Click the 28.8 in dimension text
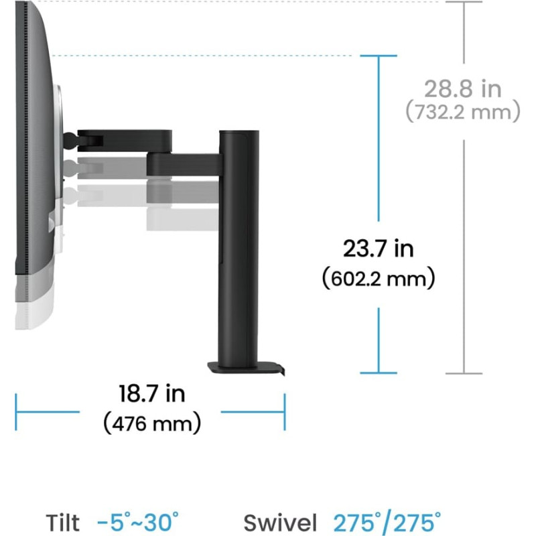pyautogui.click(x=462, y=88)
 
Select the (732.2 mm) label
pyautogui.click(x=463, y=111)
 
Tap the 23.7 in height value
pyautogui.click(x=378, y=248)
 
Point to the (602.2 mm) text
pyautogui.click(x=379, y=278)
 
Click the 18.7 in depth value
pyautogui.click(x=152, y=393)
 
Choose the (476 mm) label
pyautogui.click(x=152, y=423)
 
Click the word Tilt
pyautogui.click(x=62, y=523)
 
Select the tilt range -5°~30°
pyautogui.click(x=138, y=522)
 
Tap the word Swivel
pyautogui.click(x=280, y=523)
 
